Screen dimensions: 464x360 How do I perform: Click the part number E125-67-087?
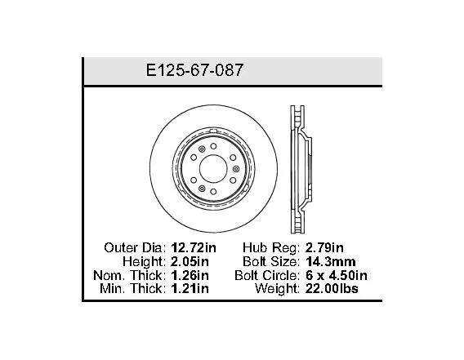tap(194, 70)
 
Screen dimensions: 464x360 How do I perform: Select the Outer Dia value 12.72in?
tap(194, 247)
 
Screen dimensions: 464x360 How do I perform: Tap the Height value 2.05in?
tap(190, 261)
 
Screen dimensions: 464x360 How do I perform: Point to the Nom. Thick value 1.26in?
tap(190, 275)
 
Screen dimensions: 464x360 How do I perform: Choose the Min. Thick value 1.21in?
tap(190, 288)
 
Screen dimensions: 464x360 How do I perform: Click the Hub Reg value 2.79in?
tap(324, 247)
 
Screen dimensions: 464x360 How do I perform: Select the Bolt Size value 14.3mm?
tap(331, 261)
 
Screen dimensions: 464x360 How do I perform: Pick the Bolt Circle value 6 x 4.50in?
tap(337, 275)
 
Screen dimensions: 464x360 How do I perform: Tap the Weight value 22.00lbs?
tap(332, 288)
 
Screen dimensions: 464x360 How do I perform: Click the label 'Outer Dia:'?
tap(136, 247)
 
